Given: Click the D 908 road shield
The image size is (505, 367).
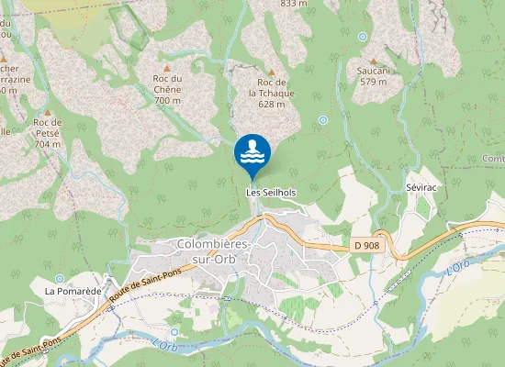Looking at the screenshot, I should coord(366,245).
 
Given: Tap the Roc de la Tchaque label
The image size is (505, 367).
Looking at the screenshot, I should coord(271,93).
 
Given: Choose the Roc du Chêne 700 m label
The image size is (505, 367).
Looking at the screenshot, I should coord(167,89).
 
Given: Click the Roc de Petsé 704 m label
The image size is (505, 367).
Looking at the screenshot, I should coord(47,133).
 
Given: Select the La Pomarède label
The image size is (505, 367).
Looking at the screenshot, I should coord(73,291).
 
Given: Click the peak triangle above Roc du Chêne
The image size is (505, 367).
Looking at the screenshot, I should coord(167,67).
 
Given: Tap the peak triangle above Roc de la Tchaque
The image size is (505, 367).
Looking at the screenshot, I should coord(272,70).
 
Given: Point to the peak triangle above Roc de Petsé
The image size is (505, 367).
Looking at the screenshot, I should coord(46,110).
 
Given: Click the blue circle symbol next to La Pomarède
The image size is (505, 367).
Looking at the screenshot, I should coord(60,278).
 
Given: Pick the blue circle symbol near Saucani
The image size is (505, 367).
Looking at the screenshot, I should coord(363,37).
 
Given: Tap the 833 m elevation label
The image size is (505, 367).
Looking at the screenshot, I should coord(293,4).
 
